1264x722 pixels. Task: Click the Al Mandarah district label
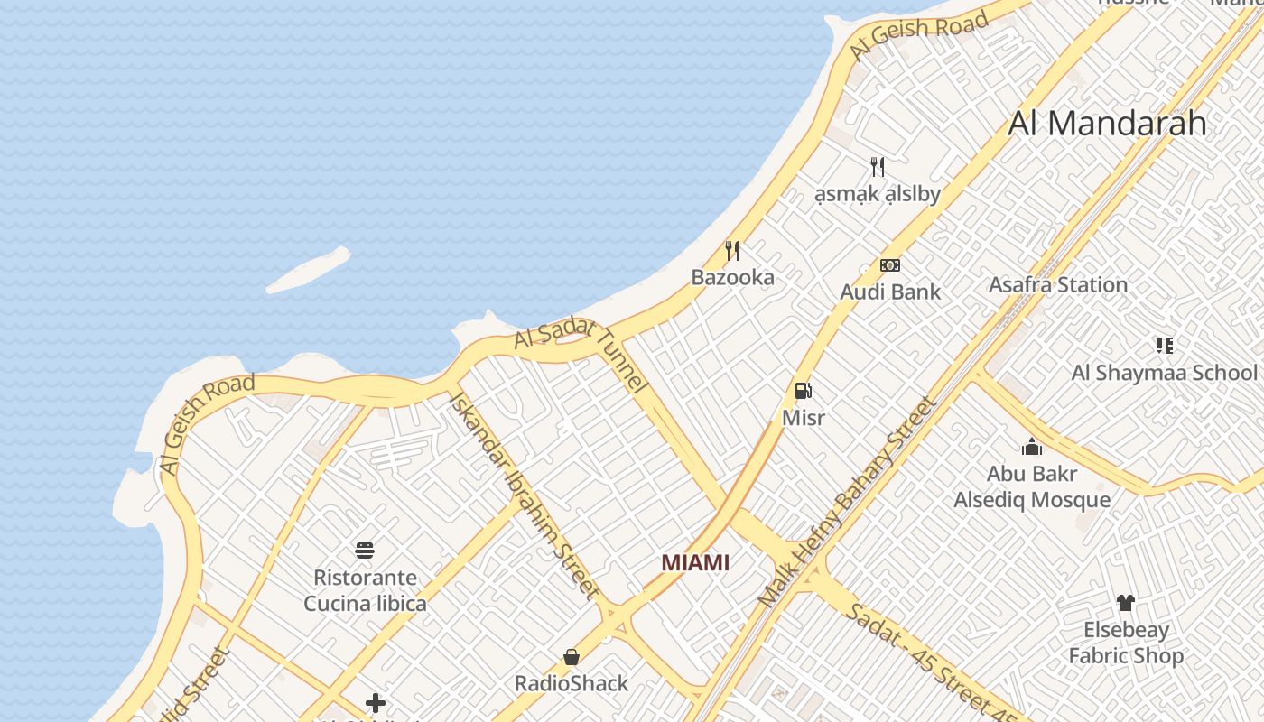tap(1107, 123)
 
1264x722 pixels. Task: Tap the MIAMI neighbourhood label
tap(695, 563)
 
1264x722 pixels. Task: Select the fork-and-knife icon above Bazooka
tap(732, 251)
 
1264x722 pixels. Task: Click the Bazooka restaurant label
tap(732, 277)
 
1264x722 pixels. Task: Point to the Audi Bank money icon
tap(890, 265)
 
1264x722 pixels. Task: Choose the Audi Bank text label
tap(890, 292)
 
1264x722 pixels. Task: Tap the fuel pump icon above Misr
tap(803, 391)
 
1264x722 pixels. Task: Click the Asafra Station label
tap(1058, 285)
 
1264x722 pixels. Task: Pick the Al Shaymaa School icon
tap(1164, 346)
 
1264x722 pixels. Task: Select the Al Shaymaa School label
tap(1164, 373)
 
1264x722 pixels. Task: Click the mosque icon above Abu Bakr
tap(1032, 447)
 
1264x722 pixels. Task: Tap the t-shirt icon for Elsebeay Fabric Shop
tap(1125, 603)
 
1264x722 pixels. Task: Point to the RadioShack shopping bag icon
tap(572, 657)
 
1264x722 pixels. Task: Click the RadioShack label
tap(572, 683)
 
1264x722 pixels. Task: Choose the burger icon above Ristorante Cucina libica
tap(365, 551)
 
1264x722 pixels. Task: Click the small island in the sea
tap(309, 270)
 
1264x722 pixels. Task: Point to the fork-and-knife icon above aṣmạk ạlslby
tap(877, 166)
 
